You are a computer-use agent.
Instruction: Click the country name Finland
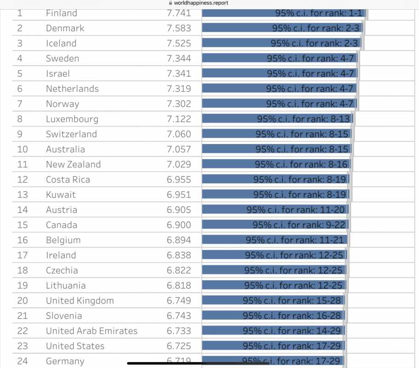pyautogui.click(x=62, y=13)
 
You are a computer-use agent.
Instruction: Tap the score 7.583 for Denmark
pyautogui.click(x=179, y=28)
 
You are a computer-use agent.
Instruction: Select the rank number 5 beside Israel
pyautogui.click(x=20, y=74)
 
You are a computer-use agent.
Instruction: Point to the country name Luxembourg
pyautogui.click(x=72, y=119)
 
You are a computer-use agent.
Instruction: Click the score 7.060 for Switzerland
pyautogui.click(x=179, y=134)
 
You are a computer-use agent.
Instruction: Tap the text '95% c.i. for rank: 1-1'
pyautogui.click(x=319, y=13)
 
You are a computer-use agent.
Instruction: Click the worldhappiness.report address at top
pyautogui.click(x=201, y=3)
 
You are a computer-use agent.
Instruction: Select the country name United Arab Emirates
pyautogui.click(x=91, y=331)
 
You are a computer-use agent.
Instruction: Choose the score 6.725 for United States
pyautogui.click(x=179, y=346)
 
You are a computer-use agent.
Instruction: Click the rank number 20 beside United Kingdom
pyautogui.click(x=23, y=301)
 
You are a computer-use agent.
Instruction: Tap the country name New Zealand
pyautogui.click(x=73, y=164)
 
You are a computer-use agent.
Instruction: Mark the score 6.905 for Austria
pyautogui.click(x=179, y=210)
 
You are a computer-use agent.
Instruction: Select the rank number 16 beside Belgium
pyautogui.click(x=23, y=240)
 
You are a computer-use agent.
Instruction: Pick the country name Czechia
pyautogui.click(x=62, y=270)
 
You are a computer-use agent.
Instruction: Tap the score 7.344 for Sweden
pyautogui.click(x=179, y=58)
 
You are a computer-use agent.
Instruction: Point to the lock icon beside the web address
pyautogui.click(x=171, y=3)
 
